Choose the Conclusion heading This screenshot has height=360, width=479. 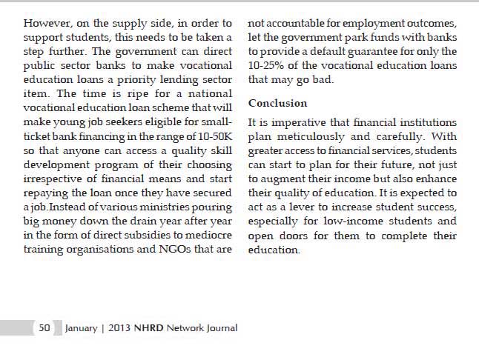[277, 103]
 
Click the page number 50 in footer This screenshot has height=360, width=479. [44, 327]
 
